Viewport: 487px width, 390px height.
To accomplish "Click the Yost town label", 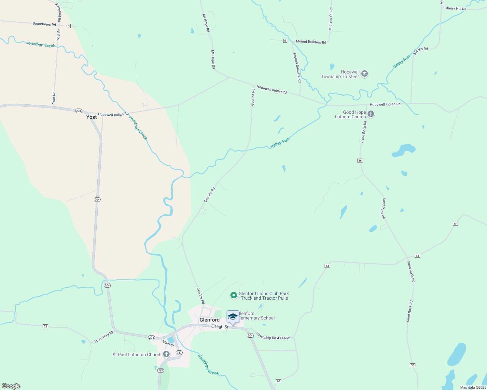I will point(91,117).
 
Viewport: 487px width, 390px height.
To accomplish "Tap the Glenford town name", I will point(209,320).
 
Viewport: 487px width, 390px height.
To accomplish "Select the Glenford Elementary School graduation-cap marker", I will point(233,317).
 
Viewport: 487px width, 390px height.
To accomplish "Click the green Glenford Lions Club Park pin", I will point(233,295).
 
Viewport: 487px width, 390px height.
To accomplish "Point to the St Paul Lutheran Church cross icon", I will point(166,354).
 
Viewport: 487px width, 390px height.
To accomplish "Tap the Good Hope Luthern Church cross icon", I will point(370,114).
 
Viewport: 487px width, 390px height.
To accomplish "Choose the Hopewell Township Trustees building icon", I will point(365,74).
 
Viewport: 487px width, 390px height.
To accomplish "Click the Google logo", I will point(11,386).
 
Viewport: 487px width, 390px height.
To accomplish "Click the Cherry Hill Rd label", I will point(455,8).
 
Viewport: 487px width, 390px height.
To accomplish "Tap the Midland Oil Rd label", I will point(331,19).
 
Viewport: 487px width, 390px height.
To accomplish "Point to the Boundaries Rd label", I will point(44,24).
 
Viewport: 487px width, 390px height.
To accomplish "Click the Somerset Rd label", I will point(58,12).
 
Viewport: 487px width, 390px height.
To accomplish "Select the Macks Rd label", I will point(421,49).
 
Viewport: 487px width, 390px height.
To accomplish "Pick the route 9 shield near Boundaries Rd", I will point(69,26).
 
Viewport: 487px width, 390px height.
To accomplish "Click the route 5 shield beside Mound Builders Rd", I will point(285,41).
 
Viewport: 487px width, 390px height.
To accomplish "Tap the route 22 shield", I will point(45,326).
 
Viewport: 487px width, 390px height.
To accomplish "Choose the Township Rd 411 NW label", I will point(273,336).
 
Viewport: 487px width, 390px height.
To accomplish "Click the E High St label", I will point(220,326).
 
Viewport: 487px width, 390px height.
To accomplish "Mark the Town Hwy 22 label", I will point(104,336).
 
